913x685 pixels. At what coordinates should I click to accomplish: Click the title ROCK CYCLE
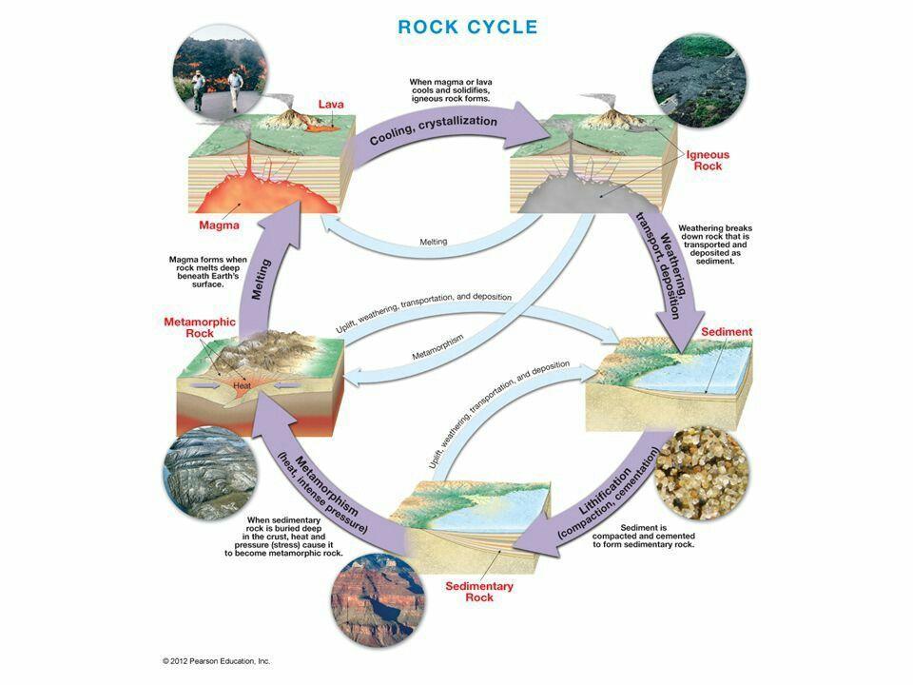467,27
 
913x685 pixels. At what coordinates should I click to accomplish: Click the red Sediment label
726,332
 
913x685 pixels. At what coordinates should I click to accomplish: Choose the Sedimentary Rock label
478,591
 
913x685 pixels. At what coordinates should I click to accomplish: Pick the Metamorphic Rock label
199,328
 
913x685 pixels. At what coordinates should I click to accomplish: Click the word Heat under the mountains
243,385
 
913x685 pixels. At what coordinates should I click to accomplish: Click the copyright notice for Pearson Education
216,659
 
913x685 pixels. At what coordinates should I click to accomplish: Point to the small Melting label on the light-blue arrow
433,242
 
